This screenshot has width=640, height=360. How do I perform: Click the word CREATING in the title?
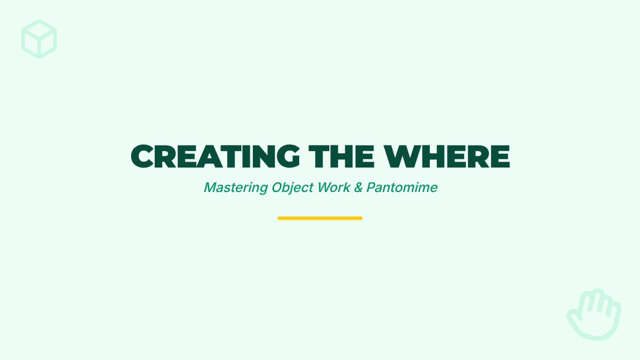point(215,156)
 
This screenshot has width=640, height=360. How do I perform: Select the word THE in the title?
point(341,156)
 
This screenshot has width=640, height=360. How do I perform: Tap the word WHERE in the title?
point(446,156)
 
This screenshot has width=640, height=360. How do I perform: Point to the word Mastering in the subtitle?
point(236,188)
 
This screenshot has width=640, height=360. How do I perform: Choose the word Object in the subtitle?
point(293,188)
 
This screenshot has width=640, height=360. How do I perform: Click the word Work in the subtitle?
point(334,187)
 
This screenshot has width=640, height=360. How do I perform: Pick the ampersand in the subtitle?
point(358,187)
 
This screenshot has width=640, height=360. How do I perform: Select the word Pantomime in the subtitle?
point(402,187)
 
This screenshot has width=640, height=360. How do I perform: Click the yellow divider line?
point(320,218)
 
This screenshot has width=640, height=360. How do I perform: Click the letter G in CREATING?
point(289,156)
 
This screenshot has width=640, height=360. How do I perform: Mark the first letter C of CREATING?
point(142,156)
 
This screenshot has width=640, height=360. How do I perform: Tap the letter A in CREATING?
point(210,156)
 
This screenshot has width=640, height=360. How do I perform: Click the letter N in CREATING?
point(263,156)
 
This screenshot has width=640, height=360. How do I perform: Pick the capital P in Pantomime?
point(371,187)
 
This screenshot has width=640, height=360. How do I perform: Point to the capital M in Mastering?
point(211,187)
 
